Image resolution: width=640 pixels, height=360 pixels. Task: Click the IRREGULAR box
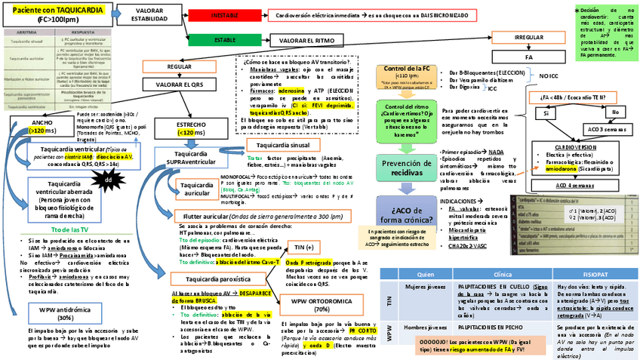point(528,37)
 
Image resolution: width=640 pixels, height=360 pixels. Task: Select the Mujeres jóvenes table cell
point(424,288)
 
